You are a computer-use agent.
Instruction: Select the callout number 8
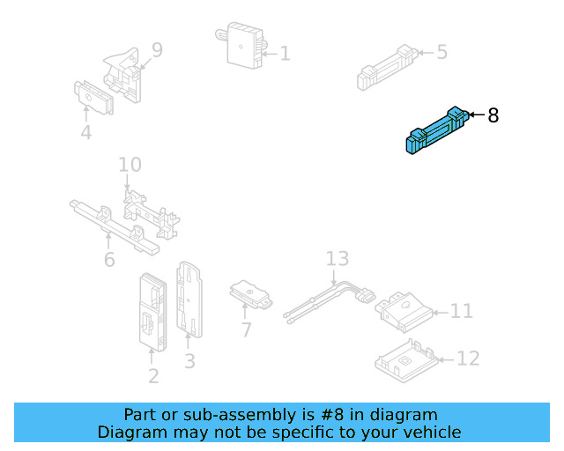(x=493, y=115)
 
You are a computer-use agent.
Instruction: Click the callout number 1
(x=284, y=54)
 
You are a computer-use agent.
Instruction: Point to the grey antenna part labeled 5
(x=385, y=65)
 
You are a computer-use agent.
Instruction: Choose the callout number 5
(x=442, y=52)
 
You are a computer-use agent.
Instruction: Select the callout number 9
(x=157, y=50)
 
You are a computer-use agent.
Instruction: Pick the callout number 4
(x=85, y=133)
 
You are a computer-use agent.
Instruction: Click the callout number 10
(x=130, y=165)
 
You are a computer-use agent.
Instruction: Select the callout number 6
(x=109, y=260)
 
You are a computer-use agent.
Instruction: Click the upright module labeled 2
(x=150, y=310)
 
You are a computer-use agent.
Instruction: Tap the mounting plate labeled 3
(x=189, y=299)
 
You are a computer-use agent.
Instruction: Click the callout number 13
(x=338, y=259)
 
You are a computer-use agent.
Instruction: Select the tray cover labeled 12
(x=405, y=360)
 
